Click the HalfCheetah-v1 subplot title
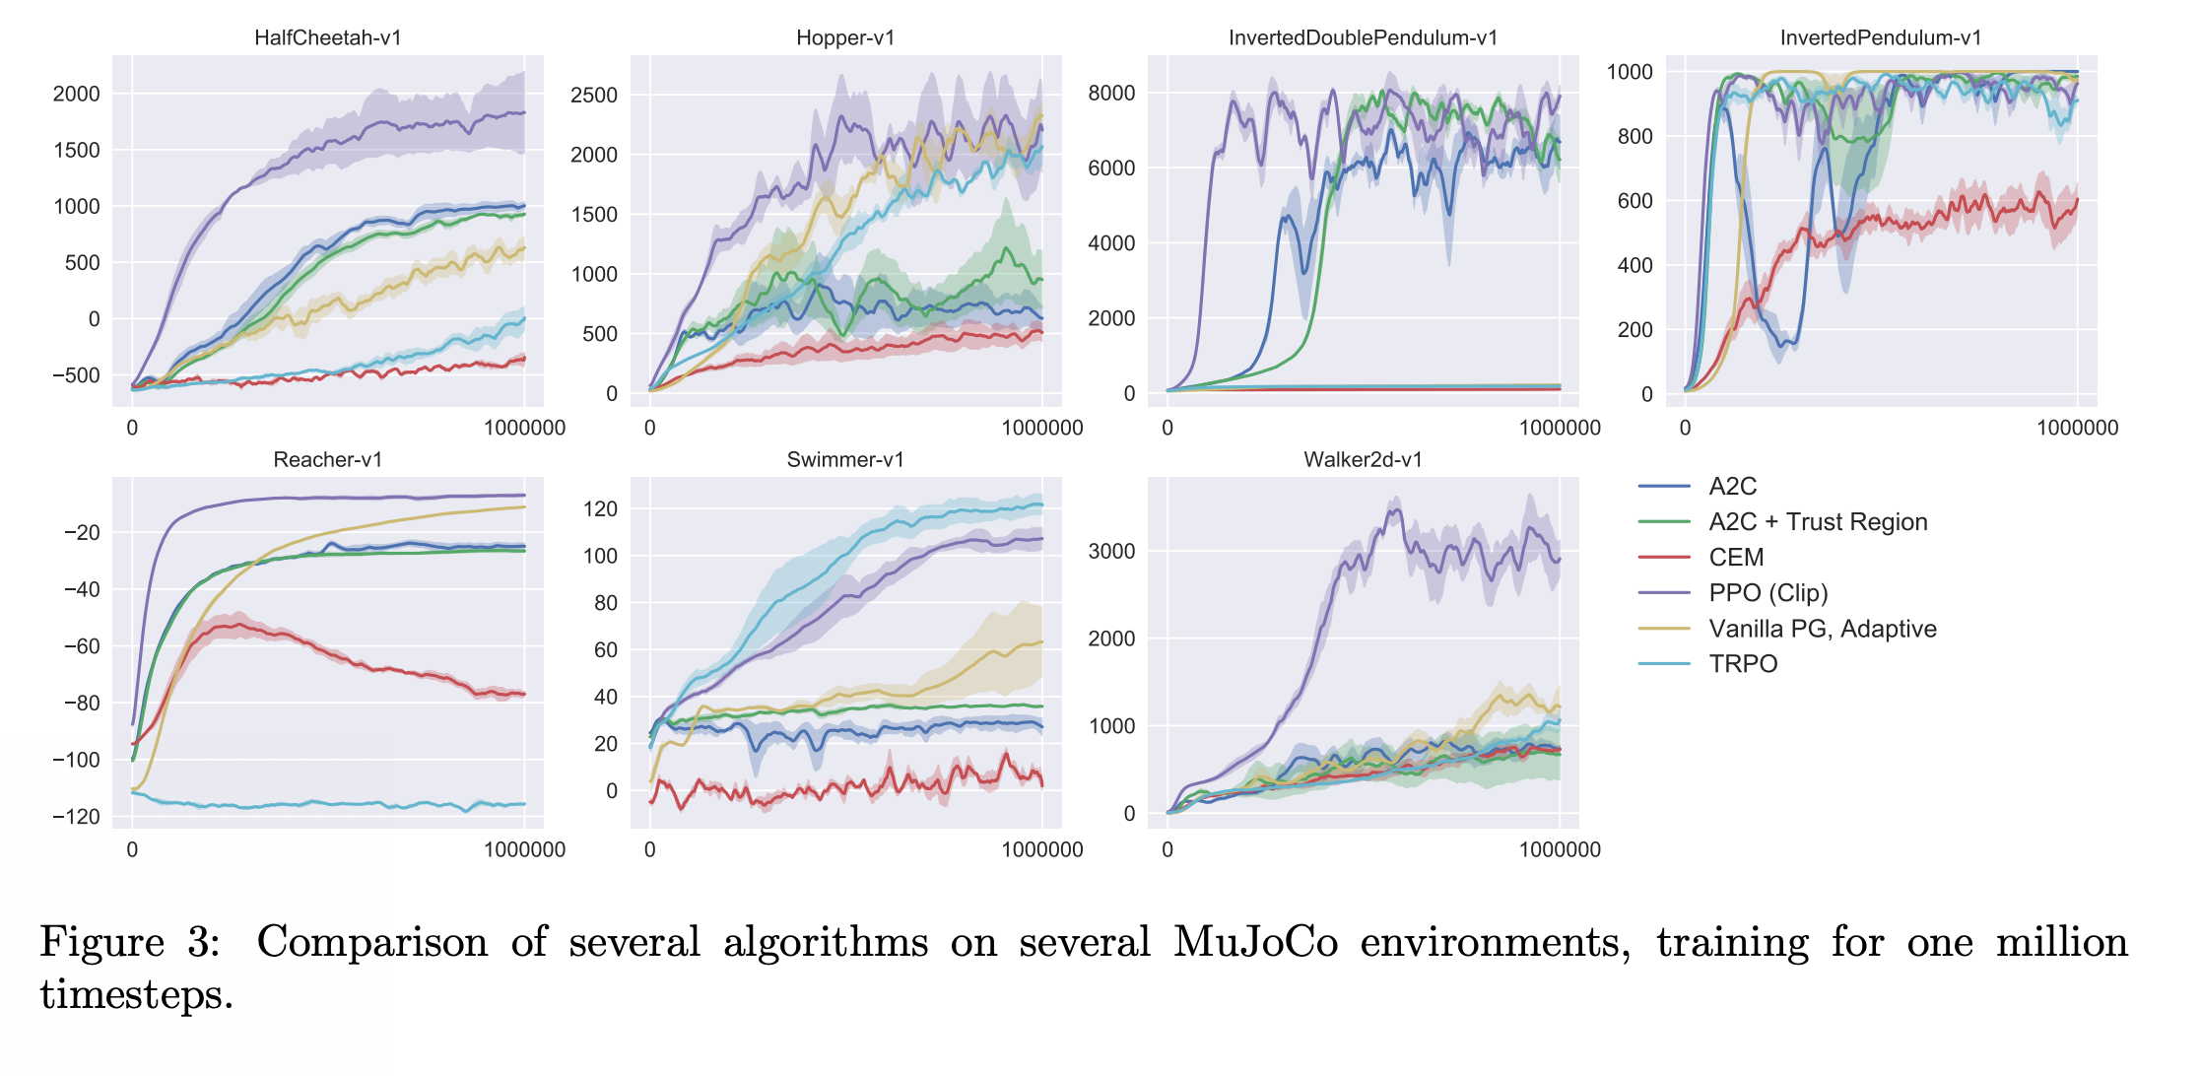point(327,37)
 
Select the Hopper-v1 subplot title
point(845,37)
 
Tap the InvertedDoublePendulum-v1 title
point(1363,37)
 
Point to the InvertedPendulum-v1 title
point(1880,37)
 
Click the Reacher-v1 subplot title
point(327,459)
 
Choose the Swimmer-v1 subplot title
point(845,459)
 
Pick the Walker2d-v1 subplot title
point(1363,459)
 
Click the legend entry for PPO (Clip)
point(1767,593)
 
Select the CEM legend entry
point(1736,558)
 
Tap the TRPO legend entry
point(1743,664)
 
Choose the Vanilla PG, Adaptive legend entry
point(1822,629)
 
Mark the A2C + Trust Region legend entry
point(1818,522)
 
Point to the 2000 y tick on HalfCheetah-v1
point(76,94)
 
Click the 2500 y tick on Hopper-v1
point(594,95)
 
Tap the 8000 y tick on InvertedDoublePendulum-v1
point(1111,93)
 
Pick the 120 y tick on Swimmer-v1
point(600,508)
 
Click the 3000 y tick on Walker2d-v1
point(1111,551)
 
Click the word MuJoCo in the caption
point(1255,942)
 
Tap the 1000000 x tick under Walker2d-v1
point(1560,849)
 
